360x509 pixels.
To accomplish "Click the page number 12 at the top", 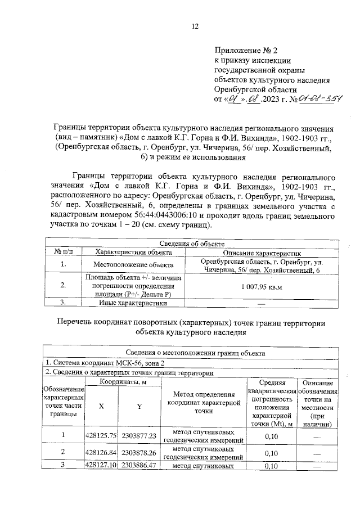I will click(x=195, y=26).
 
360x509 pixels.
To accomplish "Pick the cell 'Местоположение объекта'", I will click(x=125, y=264).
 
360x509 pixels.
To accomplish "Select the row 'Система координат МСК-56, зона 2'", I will click(x=94, y=362).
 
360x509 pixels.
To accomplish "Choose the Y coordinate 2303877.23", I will click(x=139, y=435).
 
